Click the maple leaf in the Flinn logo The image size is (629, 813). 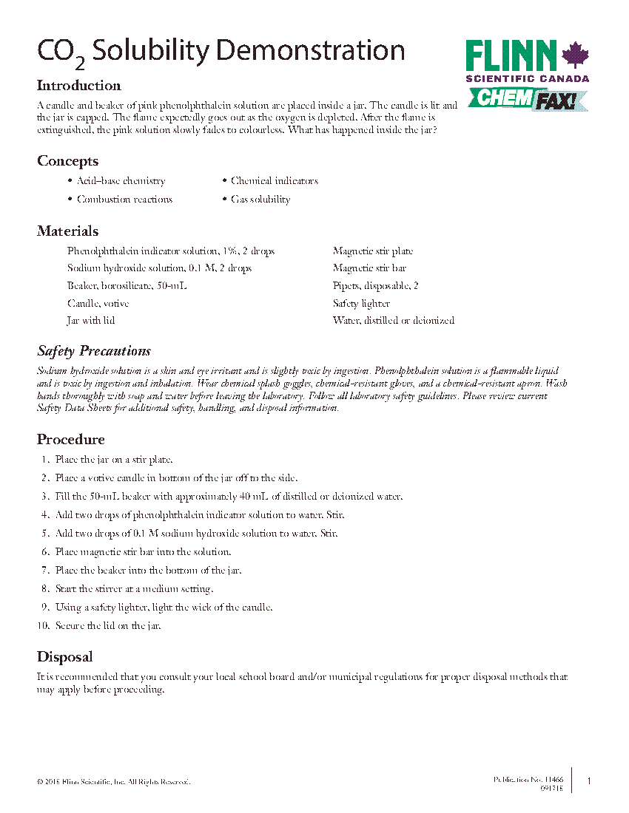(x=575, y=56)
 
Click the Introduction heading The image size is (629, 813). (x=79, y=86)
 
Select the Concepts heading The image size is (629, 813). (x=67, y=161)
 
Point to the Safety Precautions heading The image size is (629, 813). (x=94, y=351)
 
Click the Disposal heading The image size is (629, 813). (x=65, y=657)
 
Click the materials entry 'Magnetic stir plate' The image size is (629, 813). (x=373, y=251)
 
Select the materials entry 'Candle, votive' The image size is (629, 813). (x=98, y=304)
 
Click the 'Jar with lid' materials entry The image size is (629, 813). (x=91, y=321)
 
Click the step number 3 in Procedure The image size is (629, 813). (x=45, y=497)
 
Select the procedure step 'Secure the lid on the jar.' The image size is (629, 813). (x=108, y=626)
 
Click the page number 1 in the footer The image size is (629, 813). (x=589, y=780)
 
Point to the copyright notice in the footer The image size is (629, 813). (x=114, y=781)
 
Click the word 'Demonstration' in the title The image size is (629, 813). (x=311, y=51)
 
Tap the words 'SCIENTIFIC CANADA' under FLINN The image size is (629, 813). (x=527, y=78)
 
